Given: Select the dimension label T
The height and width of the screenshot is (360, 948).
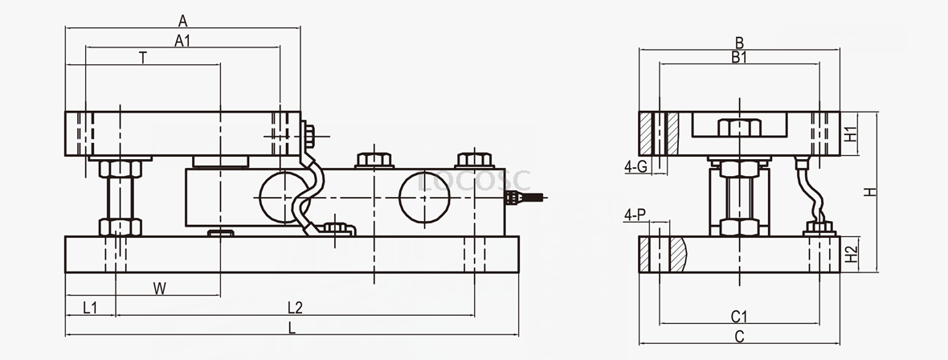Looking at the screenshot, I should tap(142, 58).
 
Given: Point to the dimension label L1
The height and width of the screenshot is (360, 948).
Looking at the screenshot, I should tap(90, 308).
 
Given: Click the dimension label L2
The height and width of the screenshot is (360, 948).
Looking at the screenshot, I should tap(295, 308).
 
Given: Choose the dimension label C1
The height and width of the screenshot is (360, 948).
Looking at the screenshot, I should tap(740, 315).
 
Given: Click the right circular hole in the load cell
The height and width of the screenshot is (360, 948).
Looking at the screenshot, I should tap(424, 194).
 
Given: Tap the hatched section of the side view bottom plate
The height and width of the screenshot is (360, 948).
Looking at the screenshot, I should tap(675, 255).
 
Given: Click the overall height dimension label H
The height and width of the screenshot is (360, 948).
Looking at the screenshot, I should tap(871, 193).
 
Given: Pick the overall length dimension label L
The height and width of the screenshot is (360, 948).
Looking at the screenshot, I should tap(292, 328).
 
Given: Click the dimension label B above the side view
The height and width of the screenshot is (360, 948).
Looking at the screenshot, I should tap(739, 42).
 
